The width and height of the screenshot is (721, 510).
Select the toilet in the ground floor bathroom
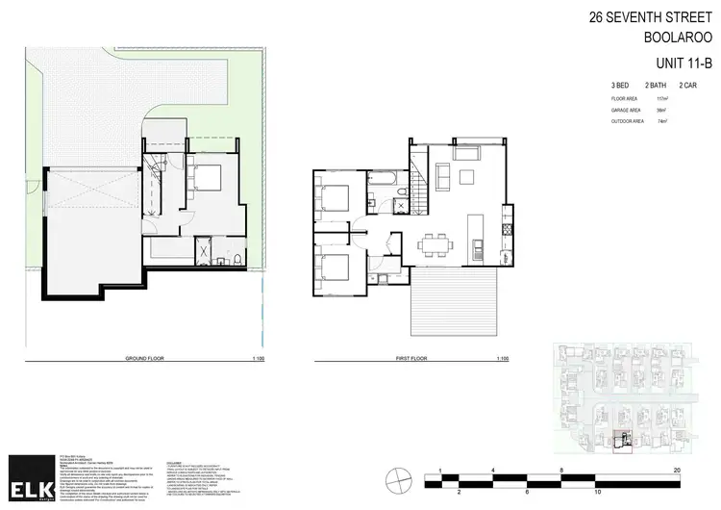point(236,259)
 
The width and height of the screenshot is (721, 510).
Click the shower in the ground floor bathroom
point(204,251)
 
